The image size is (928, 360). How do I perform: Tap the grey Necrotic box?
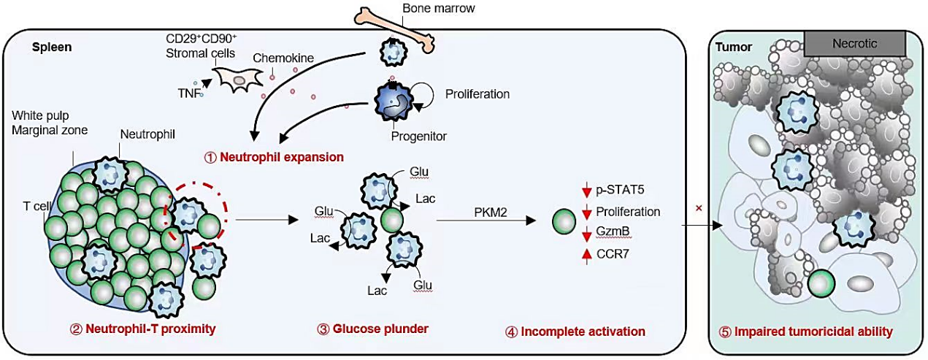[855, 44]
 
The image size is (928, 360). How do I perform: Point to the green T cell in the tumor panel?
[821, 284]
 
